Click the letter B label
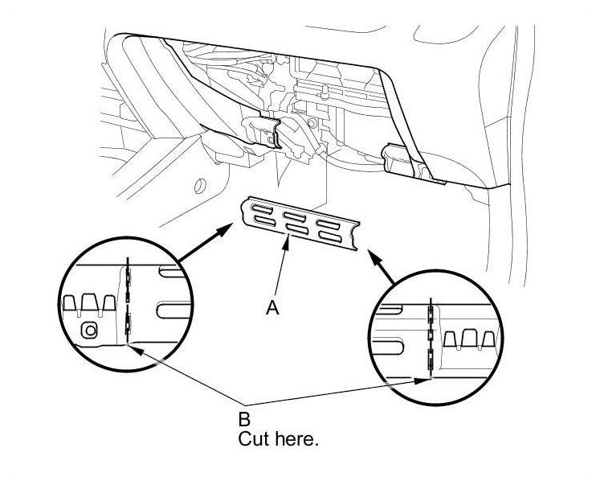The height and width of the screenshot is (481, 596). tap(244, 418)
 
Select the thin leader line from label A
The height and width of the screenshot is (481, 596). tap(279, 273)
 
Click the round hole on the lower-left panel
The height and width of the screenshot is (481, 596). tap(194, 190)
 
